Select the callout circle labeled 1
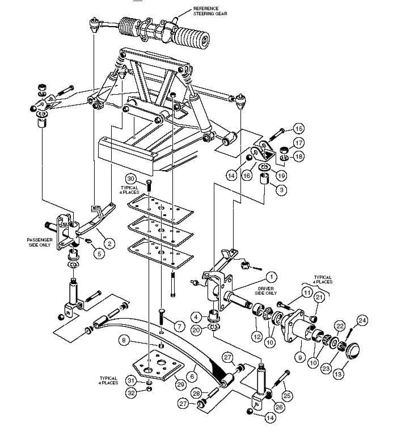(x=271, y=277)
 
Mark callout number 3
(x=280, y=191)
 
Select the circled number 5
(x=99, y=253)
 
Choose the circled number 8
(x=123, y=340)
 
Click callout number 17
(x=298, y=143)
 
